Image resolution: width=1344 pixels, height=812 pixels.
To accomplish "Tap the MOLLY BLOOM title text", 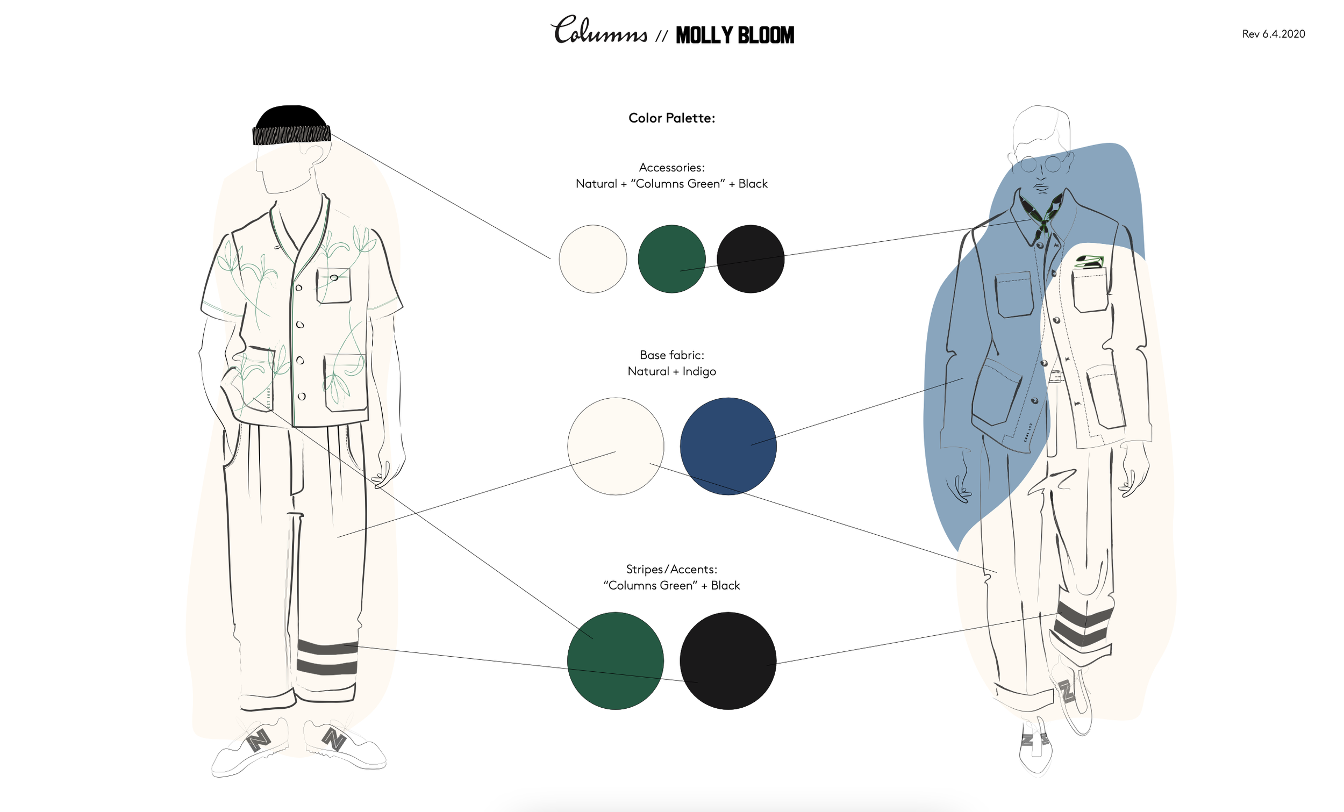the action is pyautogui.click(x=735, y=35).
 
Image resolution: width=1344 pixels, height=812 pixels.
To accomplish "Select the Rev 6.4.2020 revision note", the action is pyautogui.click(x=1273, y=34).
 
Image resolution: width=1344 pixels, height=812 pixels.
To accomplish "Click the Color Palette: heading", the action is pyautogui.click(x=671, y=118).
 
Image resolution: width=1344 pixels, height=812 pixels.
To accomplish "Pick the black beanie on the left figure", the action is pyautogui.click(x=291, y=125).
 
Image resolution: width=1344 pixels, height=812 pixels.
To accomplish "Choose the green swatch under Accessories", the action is pyautogui.click(x=671, y=259).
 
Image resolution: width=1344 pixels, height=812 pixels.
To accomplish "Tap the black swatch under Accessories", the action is pyautogui.click(x=750, y=259).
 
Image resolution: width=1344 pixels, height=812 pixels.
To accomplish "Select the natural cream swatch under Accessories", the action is pyautogui.click(x=593, y=259).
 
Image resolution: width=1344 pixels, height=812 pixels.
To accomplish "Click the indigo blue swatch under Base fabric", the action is pyautogui.click(x=728, y=446).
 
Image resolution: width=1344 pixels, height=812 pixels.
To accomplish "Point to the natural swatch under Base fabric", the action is pyautogui.click(x=616, y=446).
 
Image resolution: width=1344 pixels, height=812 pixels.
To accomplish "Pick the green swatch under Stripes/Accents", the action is pyautogui.click(x=616, y=660).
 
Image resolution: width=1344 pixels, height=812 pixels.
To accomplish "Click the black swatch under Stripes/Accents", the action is pyautogui.click(x=728, y=660).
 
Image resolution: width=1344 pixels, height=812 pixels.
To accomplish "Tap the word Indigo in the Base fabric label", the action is pyautogui.click(x=699, y=371).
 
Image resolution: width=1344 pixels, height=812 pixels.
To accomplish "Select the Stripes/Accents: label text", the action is pyautogui.click(x=671, y=569).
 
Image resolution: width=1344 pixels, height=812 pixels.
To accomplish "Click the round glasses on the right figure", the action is pyautogui.click(x=1041, y=163).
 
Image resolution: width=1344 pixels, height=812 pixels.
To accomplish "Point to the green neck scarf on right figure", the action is pyautogui.click(x=1042, y=213).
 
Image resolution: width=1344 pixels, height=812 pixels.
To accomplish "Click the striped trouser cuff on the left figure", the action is pyautogui.click(x=327, y=658).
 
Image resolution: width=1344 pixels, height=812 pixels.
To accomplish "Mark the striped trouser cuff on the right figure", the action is pyautogui.click(x=1083, y=627).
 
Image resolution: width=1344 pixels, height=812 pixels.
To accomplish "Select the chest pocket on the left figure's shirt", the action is pyautogui.click(x=333, y=285).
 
